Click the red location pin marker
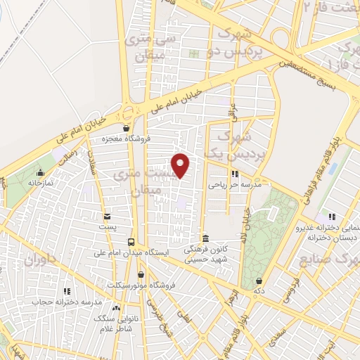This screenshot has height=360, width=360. coord(181,165)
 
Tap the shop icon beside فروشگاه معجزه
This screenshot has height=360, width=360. coord(126,129)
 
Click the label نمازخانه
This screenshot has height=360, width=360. coord(41,182)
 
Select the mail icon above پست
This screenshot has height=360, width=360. coord(107,217)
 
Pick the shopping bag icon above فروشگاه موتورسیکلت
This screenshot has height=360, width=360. coord(141,274)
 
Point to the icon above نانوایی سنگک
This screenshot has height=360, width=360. coord(116,308)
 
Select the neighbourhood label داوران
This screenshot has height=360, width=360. coord(41,262)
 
